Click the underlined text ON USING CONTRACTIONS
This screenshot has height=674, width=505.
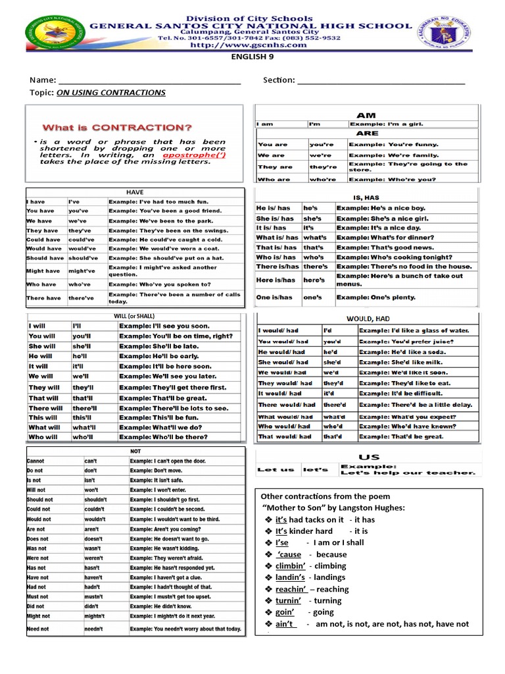(111, 93)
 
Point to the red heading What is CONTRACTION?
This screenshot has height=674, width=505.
(118, 127)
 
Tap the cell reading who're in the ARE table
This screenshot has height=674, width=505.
(322, 179)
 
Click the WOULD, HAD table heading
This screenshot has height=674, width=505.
(368, 319)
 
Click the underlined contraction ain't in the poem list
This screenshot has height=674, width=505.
(285, 624)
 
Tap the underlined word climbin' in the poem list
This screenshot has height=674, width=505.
(290, 565)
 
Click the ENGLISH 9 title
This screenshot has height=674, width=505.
(252, 58)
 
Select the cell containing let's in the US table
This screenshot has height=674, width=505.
(315, 469)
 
